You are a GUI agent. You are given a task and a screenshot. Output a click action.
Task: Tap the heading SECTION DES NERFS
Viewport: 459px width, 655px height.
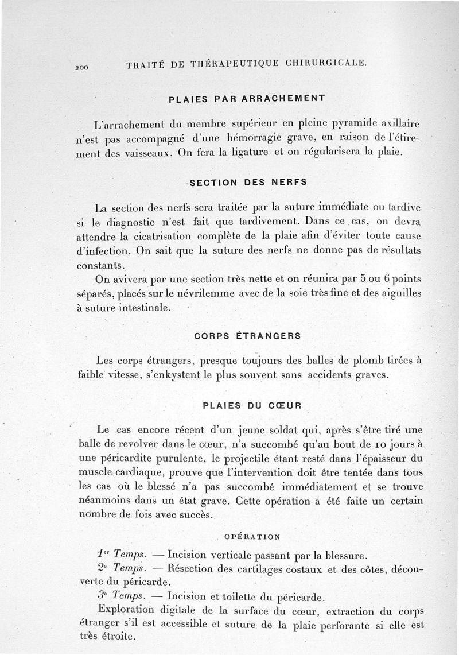(248, 182)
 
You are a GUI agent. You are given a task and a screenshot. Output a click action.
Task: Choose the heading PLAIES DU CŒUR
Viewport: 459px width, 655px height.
(252, 405)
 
